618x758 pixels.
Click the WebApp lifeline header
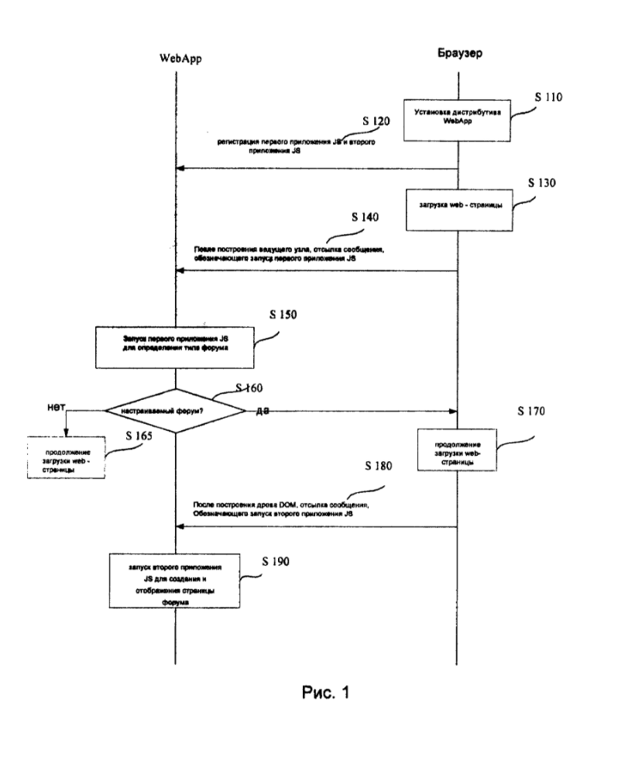[x=180, y=58]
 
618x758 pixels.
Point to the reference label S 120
[x=377, y=122]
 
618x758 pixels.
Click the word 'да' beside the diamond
[x=262, y=410]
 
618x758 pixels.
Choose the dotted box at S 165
[x=66, y=459]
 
